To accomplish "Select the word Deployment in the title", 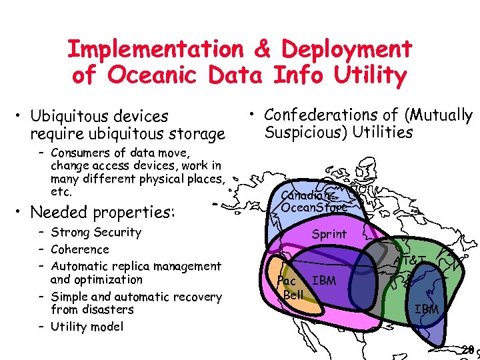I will pos(347,49).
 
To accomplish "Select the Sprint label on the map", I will pos(329,234).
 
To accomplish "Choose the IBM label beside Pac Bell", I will pos(324,281).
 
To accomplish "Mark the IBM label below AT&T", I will pos(427,309).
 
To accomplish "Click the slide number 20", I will pos(468,349).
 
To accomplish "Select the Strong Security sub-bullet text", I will pos(96,232).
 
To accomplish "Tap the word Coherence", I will pos(79,249).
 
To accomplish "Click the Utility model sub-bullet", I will pos(87,326).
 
